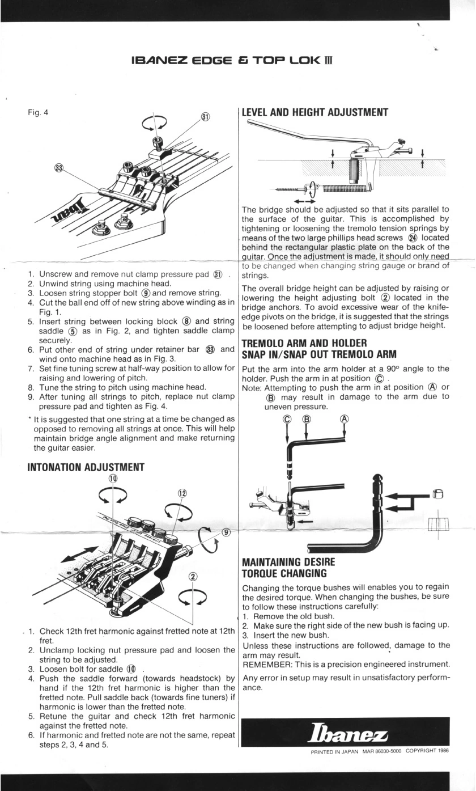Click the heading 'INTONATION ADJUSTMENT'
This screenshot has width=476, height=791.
point(86,468)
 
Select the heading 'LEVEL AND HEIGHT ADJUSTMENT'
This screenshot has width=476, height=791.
point(314,112)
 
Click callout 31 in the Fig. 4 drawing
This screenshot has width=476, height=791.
point(205,117)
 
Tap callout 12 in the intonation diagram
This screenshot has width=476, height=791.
point(182,493)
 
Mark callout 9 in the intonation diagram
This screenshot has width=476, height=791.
point(226,532)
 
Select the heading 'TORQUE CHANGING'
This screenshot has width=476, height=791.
point(282,573)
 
